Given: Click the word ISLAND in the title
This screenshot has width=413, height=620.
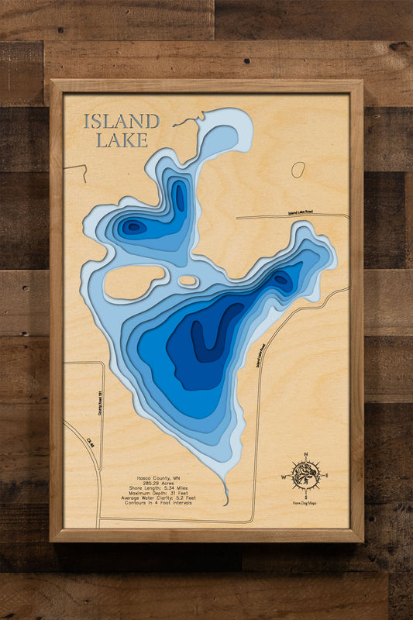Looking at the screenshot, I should click(x=122, y=122).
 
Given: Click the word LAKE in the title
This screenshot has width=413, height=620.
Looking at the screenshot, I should click(x=122, y=140).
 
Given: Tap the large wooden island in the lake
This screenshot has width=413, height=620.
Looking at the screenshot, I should click(x=133, y=282).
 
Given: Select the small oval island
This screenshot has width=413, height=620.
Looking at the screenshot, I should click(x=188, y=281).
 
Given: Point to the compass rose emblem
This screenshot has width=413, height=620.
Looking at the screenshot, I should click(x=306, y=474).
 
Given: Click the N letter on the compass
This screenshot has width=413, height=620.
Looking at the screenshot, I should click(x=306, y=454).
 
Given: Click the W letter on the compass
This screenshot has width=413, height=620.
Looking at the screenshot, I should click(x=284, y=477).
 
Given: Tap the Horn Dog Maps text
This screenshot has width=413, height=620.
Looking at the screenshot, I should click(x=306, y=504).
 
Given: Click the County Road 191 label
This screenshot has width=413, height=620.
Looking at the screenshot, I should click(x=101, y=403).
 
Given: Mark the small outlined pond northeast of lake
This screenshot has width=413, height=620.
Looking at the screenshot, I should click(x=298, y=170).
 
